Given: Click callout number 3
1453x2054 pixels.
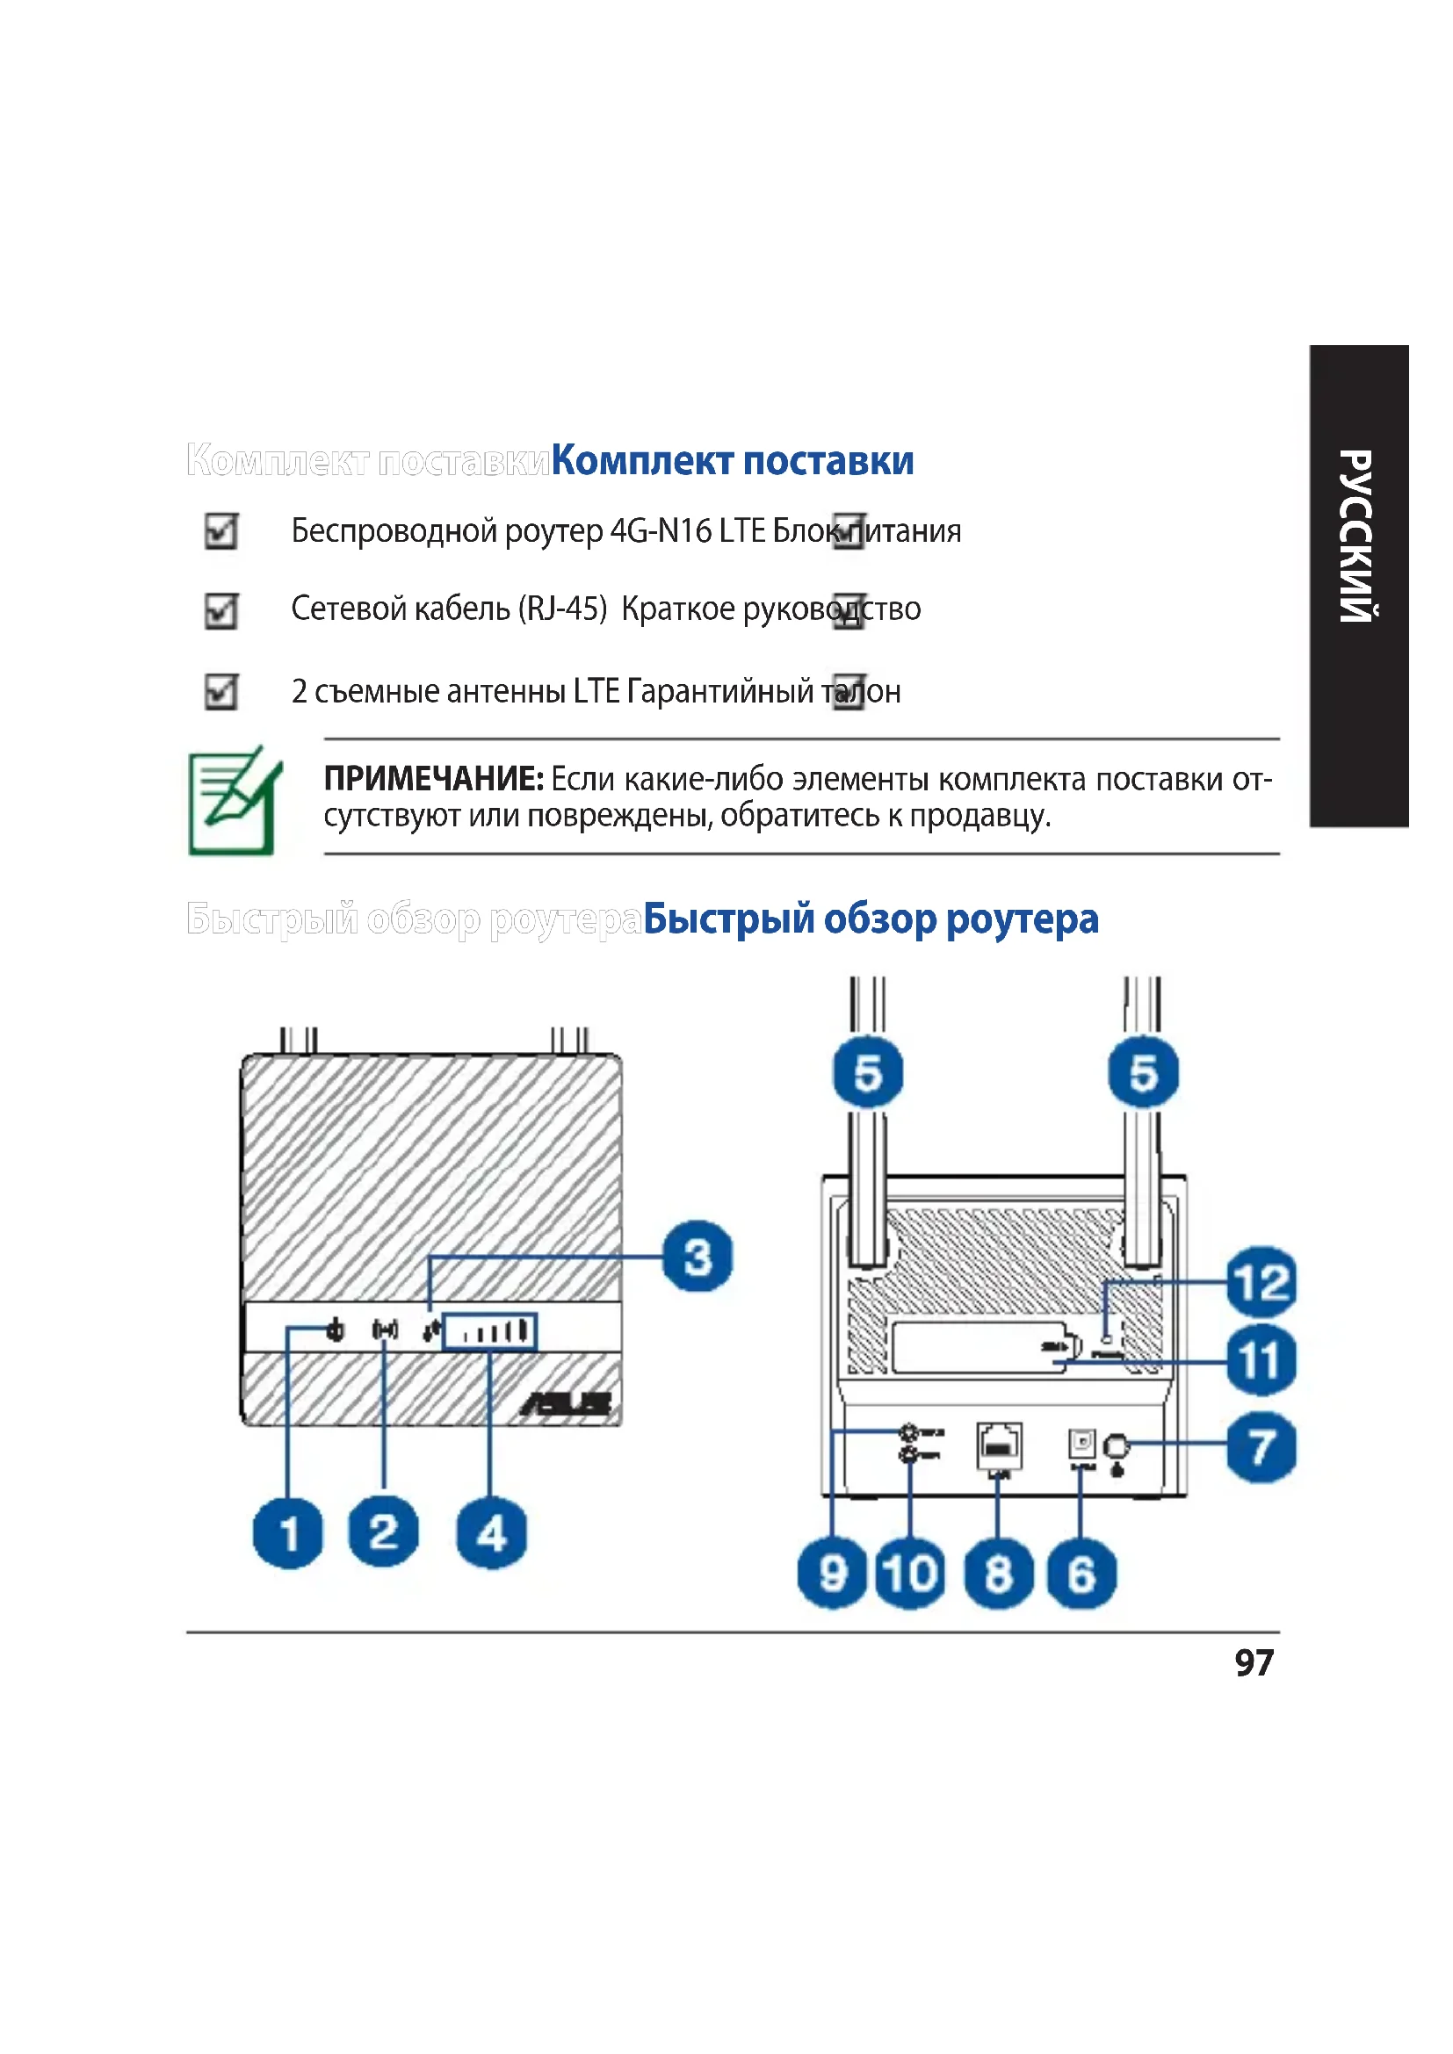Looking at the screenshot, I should click(697, 1256).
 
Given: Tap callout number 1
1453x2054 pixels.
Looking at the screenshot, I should click(288, 1533).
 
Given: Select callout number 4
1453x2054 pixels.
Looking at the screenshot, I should click(491, 1533).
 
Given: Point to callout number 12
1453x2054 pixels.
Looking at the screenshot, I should click(1261, 1281).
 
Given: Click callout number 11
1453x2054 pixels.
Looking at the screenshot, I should click(1261, 1360).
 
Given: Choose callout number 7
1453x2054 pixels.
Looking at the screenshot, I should click(1261, 1446).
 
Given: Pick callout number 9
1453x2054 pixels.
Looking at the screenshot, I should click(832, 1574).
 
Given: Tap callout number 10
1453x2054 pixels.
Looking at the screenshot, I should click(910, 1574).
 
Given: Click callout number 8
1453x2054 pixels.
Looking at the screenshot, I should click(999, 1574).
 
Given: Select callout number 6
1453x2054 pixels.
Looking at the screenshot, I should click(1081, 1574).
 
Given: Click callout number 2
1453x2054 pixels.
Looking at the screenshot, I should click(383, 1531).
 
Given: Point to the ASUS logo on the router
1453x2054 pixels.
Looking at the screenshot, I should click(567, 1404).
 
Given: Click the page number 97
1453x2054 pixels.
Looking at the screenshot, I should click(1254, 1663).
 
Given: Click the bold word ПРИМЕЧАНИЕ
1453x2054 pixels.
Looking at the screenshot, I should click(433, 779).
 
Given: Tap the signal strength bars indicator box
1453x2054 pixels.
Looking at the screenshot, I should click(490, 1331).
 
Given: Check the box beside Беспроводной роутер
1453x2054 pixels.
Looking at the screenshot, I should click(221, 531).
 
